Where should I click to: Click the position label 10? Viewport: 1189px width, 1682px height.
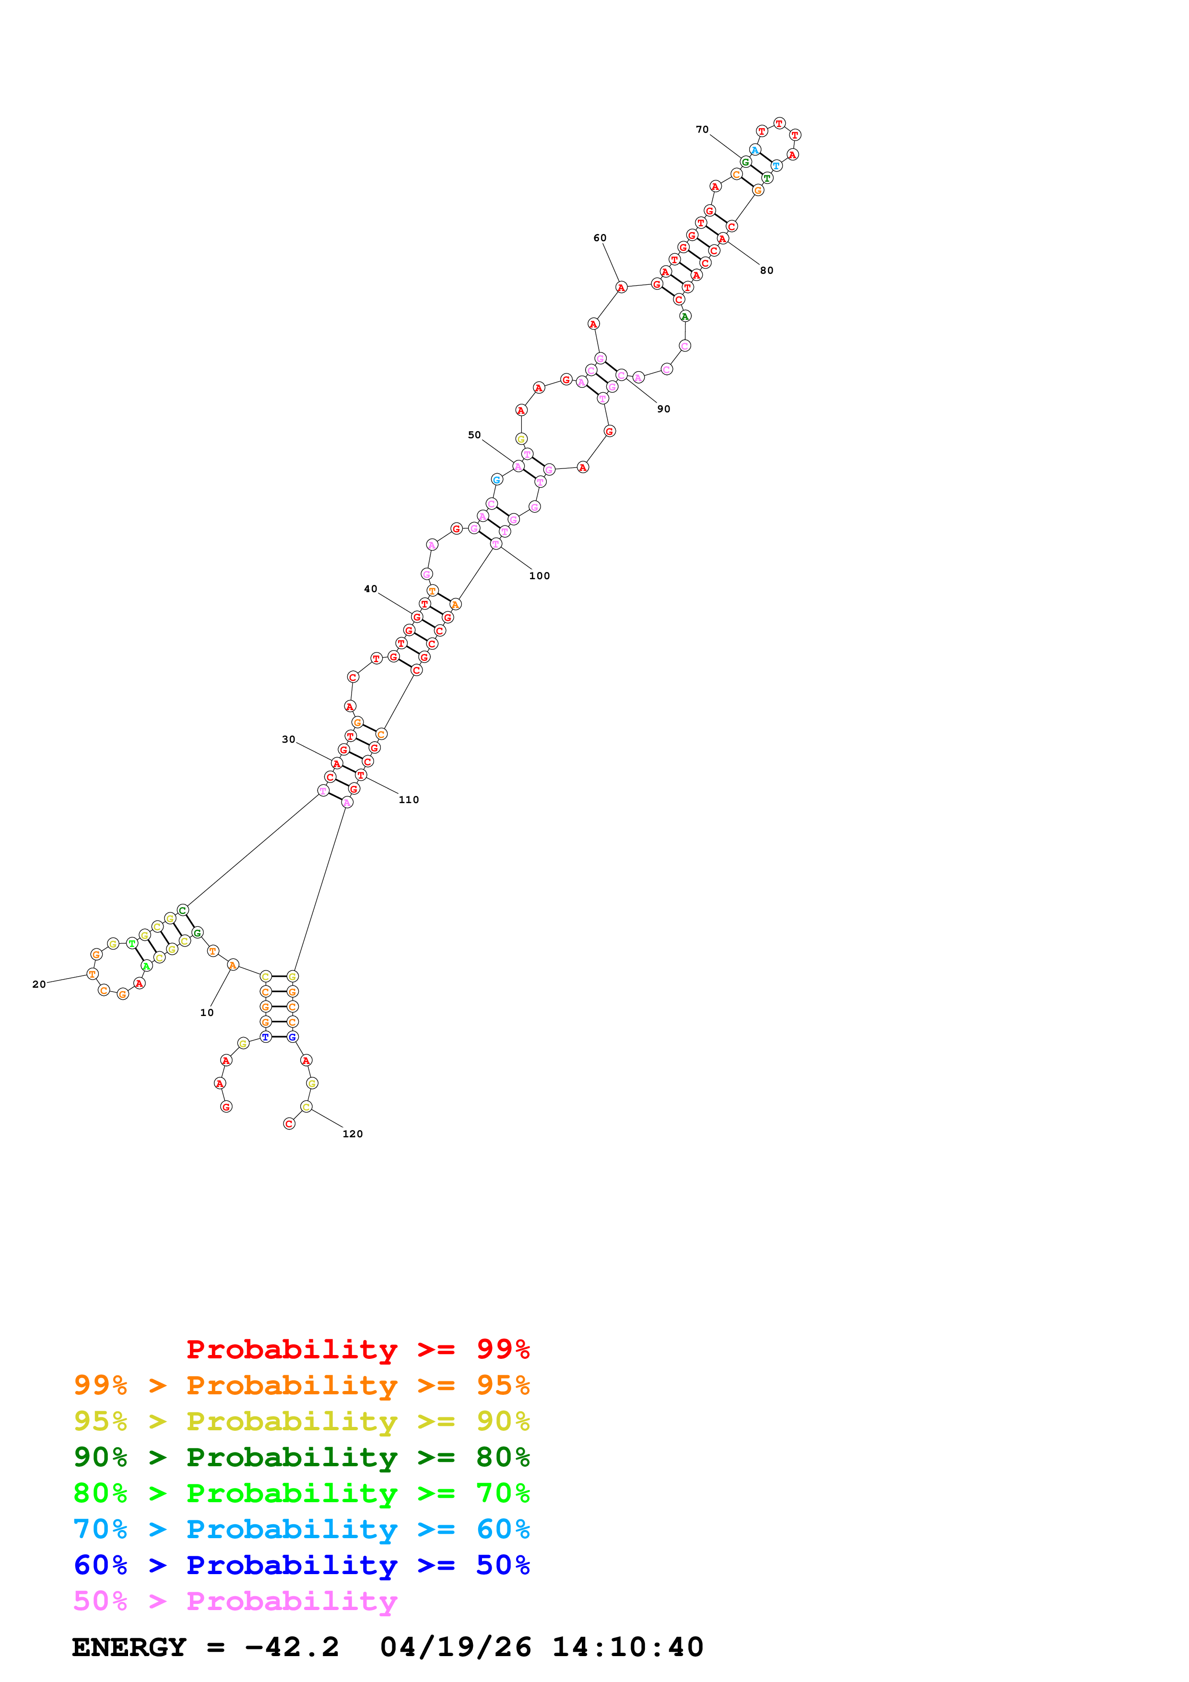pyautogui.click(x=207, y=1013)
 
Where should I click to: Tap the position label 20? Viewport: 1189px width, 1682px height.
pyautogui.click(x=39, y=984)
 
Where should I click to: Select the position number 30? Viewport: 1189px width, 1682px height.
pyautogui.click(x=289, y=739)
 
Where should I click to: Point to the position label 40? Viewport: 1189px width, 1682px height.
pyautogui.click(x=371, y=588)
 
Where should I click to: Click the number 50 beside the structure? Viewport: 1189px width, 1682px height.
pyautogui.click(x=474, y=434)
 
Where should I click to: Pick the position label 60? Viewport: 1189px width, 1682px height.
pyautogui.click(x=599, y=237)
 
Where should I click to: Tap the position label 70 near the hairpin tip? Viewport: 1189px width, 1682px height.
pyautogui.click(x=702, y=129)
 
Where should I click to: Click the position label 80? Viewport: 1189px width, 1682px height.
pyautogui.click(x=766, y=270)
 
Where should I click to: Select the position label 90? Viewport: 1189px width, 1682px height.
pyautogui.click(x=663, y=409)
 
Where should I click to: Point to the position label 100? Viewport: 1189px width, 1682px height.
pyautogui.click(x=539, y=576)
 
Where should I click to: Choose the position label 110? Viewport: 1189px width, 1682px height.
pyautogui.click(x=409, y=799)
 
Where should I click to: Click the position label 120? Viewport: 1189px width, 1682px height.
pyautogui.click(x=353, y=1133)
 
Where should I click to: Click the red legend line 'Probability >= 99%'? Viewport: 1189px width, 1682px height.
pyautogui.click(x=357, y=1349)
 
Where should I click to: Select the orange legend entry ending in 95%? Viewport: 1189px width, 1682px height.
pyautogui.click(x=301, y=1385)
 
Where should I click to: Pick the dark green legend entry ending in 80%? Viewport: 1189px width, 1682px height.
pyautogui.click(x=301, y=1457)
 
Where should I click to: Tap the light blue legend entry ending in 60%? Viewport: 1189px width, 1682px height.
pyautogui.click(x=301, y=1529)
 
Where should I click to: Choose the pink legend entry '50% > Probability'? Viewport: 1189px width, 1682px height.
pyautogui.click(x=235, y=1600)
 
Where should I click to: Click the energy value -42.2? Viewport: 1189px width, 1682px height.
pyautogui.click(x=292, y=1647)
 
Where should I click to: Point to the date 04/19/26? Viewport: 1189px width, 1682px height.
pyautogui.click(x=455, y=1647)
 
